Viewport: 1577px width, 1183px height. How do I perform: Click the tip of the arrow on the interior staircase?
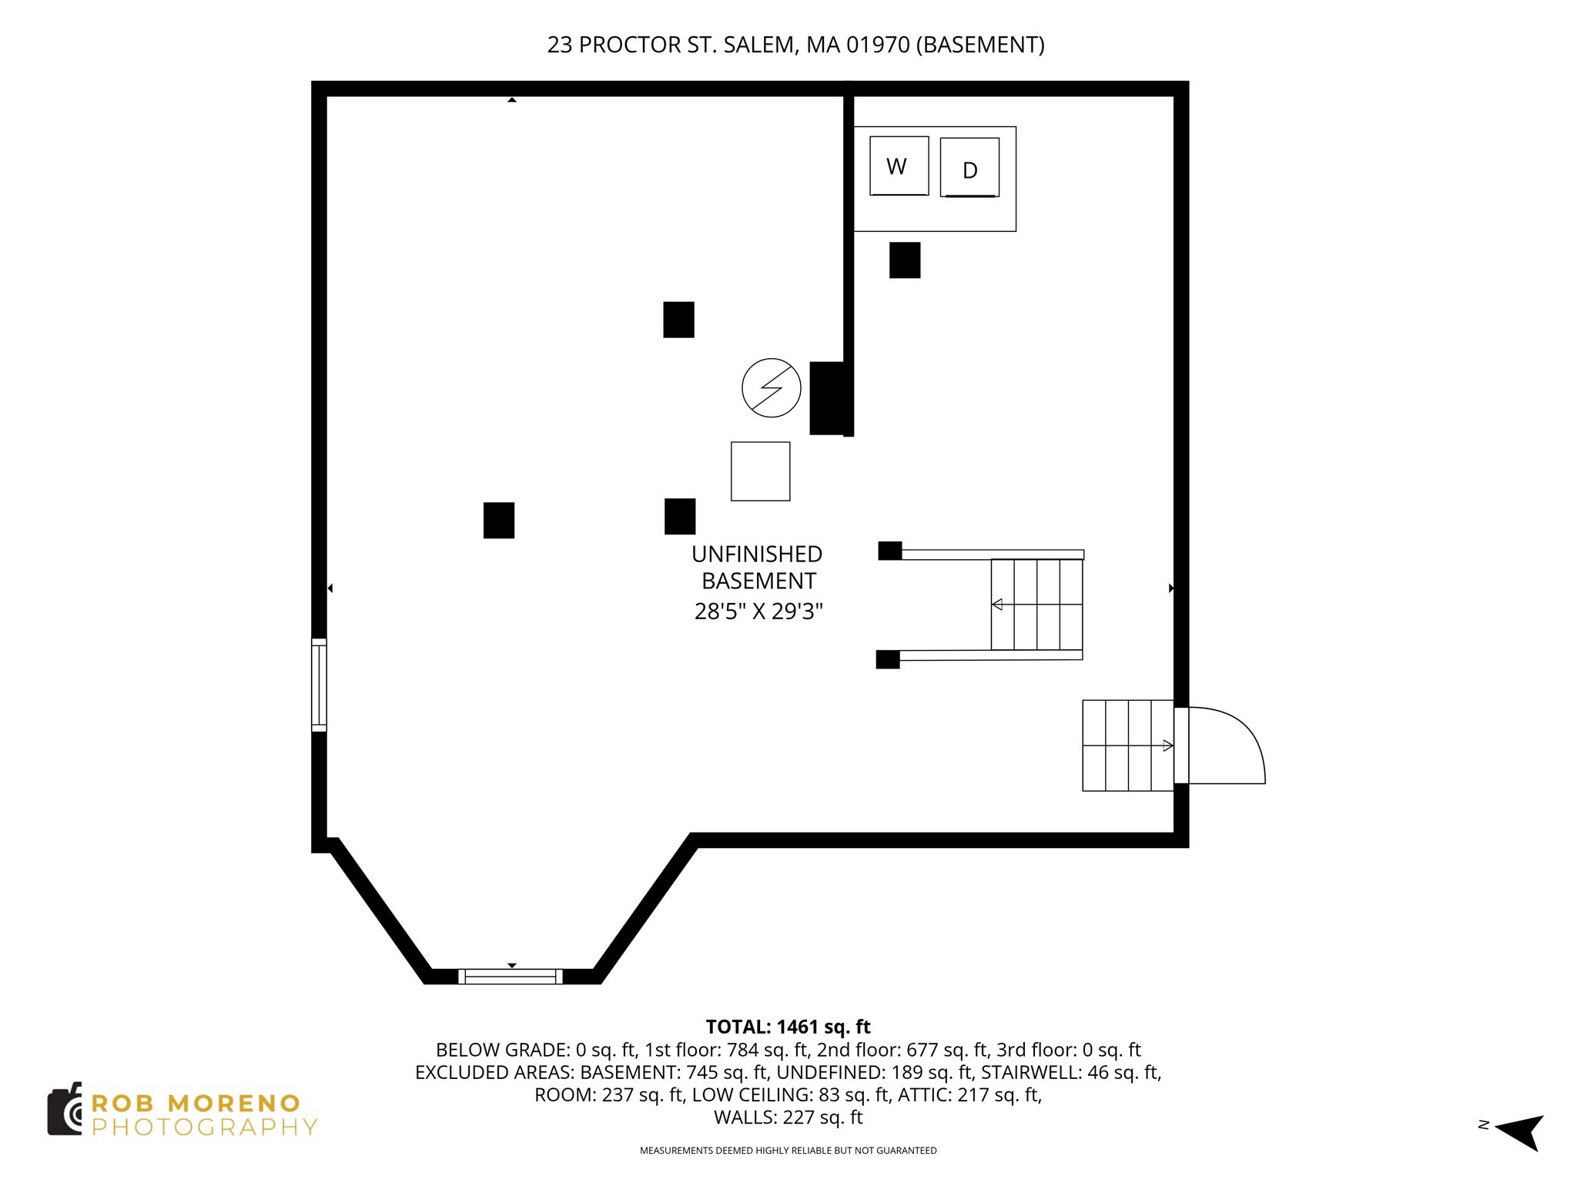(x=993, y=605)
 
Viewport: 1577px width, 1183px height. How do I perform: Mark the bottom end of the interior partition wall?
(x=849, y=436)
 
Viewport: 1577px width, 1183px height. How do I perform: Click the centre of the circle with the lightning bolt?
(x=771, y=388)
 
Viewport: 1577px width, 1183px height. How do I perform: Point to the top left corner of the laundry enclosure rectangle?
(x=855, y=127)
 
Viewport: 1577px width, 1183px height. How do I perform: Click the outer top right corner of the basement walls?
(x=1189, y=81)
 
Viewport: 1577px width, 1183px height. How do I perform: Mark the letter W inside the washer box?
(x=896, y=166)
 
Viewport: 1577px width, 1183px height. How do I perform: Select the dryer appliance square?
(x=969, y=168)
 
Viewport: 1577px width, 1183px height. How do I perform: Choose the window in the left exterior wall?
(x=319, y=685)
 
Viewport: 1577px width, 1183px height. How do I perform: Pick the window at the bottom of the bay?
(x=511, y=977)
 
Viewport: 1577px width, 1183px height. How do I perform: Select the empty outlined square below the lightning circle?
(x=760, y=471)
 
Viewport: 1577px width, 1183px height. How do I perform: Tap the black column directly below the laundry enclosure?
(x=905, y=260)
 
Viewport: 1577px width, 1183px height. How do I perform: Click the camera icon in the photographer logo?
(x=65, y=1108)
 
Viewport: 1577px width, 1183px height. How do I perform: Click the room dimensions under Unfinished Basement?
(x=758, y=612)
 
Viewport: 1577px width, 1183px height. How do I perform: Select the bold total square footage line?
(x=788, y=1027)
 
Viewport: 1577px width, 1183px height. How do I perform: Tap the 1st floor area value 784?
(x=744, y=1050)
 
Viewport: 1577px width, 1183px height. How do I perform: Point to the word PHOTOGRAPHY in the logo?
(x=205, y=1127)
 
